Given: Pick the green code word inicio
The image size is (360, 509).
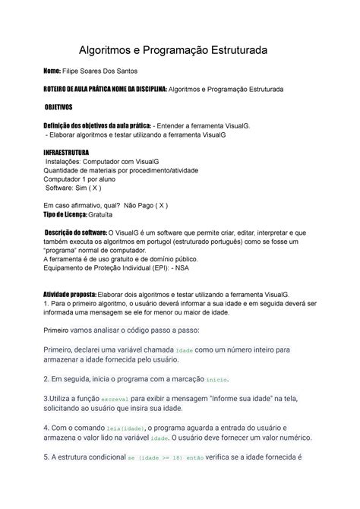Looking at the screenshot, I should tap(217, 378).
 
